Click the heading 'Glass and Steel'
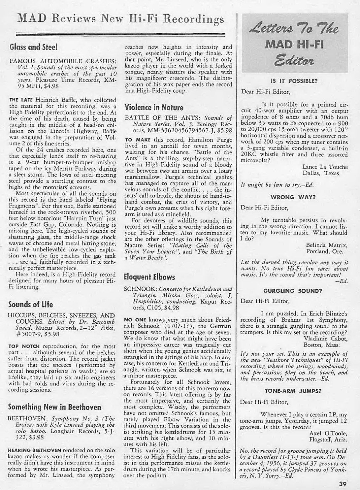point(34,47)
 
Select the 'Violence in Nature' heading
point(154,108)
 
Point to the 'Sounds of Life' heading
point(31,304)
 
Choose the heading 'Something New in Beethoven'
point(55,407)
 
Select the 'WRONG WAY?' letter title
point(293,197)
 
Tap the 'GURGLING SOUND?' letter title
point(293,291)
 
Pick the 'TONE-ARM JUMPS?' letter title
point(293,391)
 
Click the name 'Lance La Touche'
point(325,167)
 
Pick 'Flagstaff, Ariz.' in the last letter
point(328,440)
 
